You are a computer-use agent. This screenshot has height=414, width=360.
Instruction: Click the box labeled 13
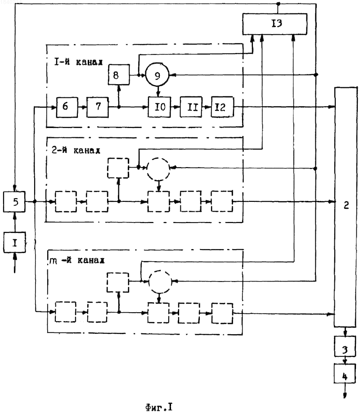click(x=274, y=24)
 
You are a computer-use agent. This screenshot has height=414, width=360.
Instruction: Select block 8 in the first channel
click(x=119, y=75)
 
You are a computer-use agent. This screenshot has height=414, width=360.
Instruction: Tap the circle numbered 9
click(x=157, y=75)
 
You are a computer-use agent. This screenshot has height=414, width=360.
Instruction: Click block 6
click(x=67, y=107)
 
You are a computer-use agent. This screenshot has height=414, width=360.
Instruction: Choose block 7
click(x=98, y=107)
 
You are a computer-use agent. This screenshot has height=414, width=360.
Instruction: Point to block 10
click(x=159, y=107)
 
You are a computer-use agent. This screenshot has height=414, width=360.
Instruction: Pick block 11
click(x=191, y=107)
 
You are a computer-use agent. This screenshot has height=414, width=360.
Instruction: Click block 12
click(x=222, y=107)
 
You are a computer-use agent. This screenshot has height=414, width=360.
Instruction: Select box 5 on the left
click(x=14, y=202)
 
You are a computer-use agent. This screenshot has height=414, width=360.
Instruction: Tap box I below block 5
click(x=14, y=242)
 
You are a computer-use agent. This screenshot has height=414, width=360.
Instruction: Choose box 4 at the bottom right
click(x=345, y=373)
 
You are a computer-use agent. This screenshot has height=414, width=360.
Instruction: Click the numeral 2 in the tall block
click(x=346, y=205)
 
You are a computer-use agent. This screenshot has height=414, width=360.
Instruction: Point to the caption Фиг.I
click(x=159, y=407)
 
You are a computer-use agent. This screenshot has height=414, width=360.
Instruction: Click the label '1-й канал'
click(x=78, y=62)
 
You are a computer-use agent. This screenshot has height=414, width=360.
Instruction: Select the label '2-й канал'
click(x=76, y=150)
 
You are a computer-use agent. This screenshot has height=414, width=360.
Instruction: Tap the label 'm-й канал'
click(x=77, y=260)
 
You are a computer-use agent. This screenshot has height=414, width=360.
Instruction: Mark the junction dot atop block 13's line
click(x=278, y=4)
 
